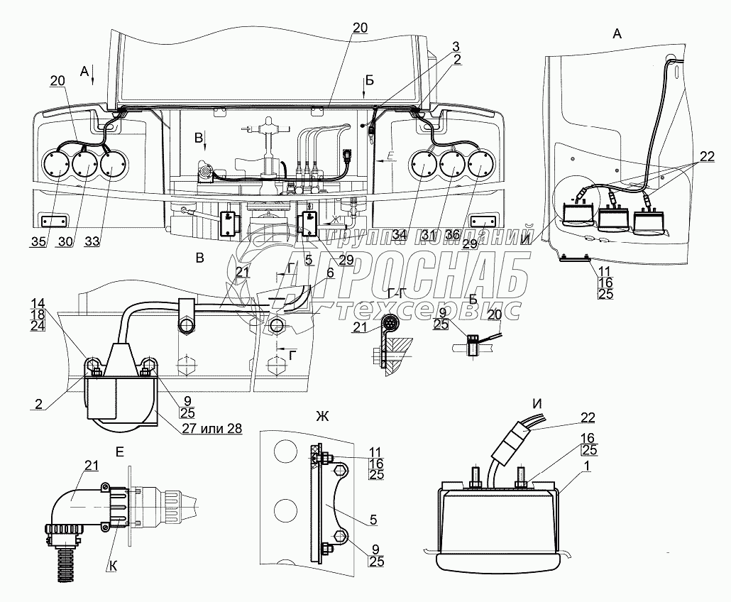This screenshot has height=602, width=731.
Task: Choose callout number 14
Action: point(38,302)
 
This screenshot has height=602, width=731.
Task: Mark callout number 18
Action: point(38,314)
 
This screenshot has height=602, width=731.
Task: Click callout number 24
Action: point(38,326)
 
